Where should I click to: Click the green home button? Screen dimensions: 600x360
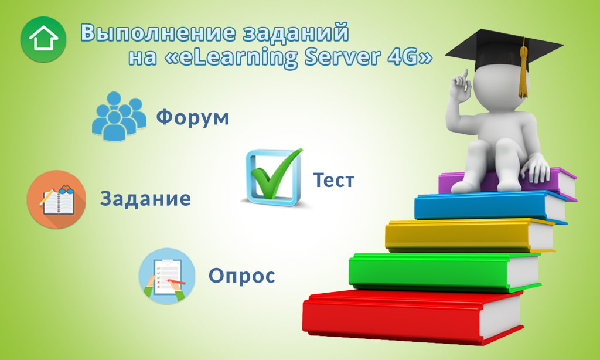(43, 39)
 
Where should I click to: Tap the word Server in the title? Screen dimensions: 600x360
(342, 57)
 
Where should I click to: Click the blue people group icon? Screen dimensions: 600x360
(119, 116)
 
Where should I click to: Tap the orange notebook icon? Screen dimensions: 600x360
(56, 199)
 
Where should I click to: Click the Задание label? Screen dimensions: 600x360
(145, 198)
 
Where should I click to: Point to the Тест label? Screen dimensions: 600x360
(333, 180)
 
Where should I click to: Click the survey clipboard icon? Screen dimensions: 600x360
(167, 276)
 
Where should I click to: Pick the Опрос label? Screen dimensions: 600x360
(242, 276)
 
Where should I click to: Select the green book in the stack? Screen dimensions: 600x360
(445, 272)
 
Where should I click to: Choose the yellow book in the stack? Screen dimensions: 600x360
(470, 235)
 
